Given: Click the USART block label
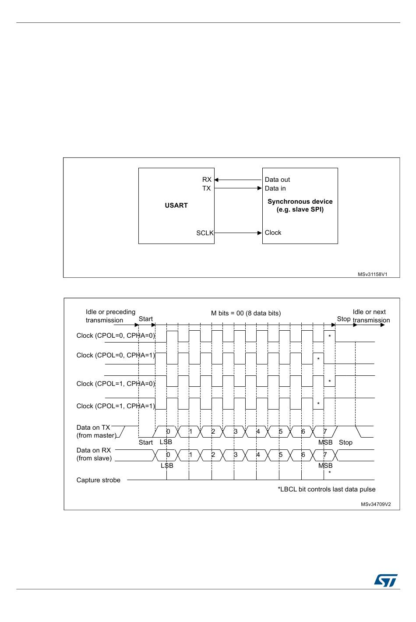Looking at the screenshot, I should [176, 205].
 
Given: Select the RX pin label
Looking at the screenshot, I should [207, 180].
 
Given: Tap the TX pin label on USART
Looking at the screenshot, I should [206, 188].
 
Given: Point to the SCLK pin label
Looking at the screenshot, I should [204, 233].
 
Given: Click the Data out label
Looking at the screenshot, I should [277, 180].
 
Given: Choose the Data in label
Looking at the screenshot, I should [275, 188].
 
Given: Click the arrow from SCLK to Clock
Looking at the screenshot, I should [238, 233].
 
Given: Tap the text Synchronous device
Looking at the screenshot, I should [300, 201].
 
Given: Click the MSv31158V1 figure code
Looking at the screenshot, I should [372, 275].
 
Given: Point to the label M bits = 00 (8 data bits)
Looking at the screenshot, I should [246, 313].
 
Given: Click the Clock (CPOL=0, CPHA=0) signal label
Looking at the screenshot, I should [116, 336].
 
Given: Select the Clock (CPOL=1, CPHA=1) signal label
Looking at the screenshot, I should [116, 406].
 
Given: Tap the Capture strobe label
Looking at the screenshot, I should [98, 480].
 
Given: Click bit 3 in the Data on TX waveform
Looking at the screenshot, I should [235, 432].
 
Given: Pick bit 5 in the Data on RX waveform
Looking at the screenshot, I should [280, 455].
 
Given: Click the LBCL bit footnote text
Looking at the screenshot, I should [326, 489].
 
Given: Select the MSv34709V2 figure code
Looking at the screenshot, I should [376, 504].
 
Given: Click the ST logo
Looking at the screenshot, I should [385, 580].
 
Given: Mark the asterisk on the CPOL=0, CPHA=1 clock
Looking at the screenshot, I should [318, 359].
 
